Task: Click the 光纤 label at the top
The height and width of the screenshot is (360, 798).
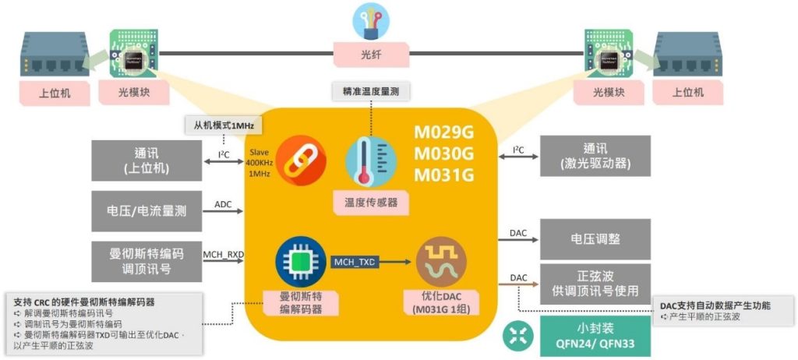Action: [372, 55]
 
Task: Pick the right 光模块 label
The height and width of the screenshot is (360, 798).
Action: [609, 93]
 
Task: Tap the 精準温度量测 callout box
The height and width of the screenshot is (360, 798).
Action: [371, 91]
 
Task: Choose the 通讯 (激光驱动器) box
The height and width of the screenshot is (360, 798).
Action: [595, 155]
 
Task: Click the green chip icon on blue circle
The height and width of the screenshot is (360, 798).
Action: [300, 261]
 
